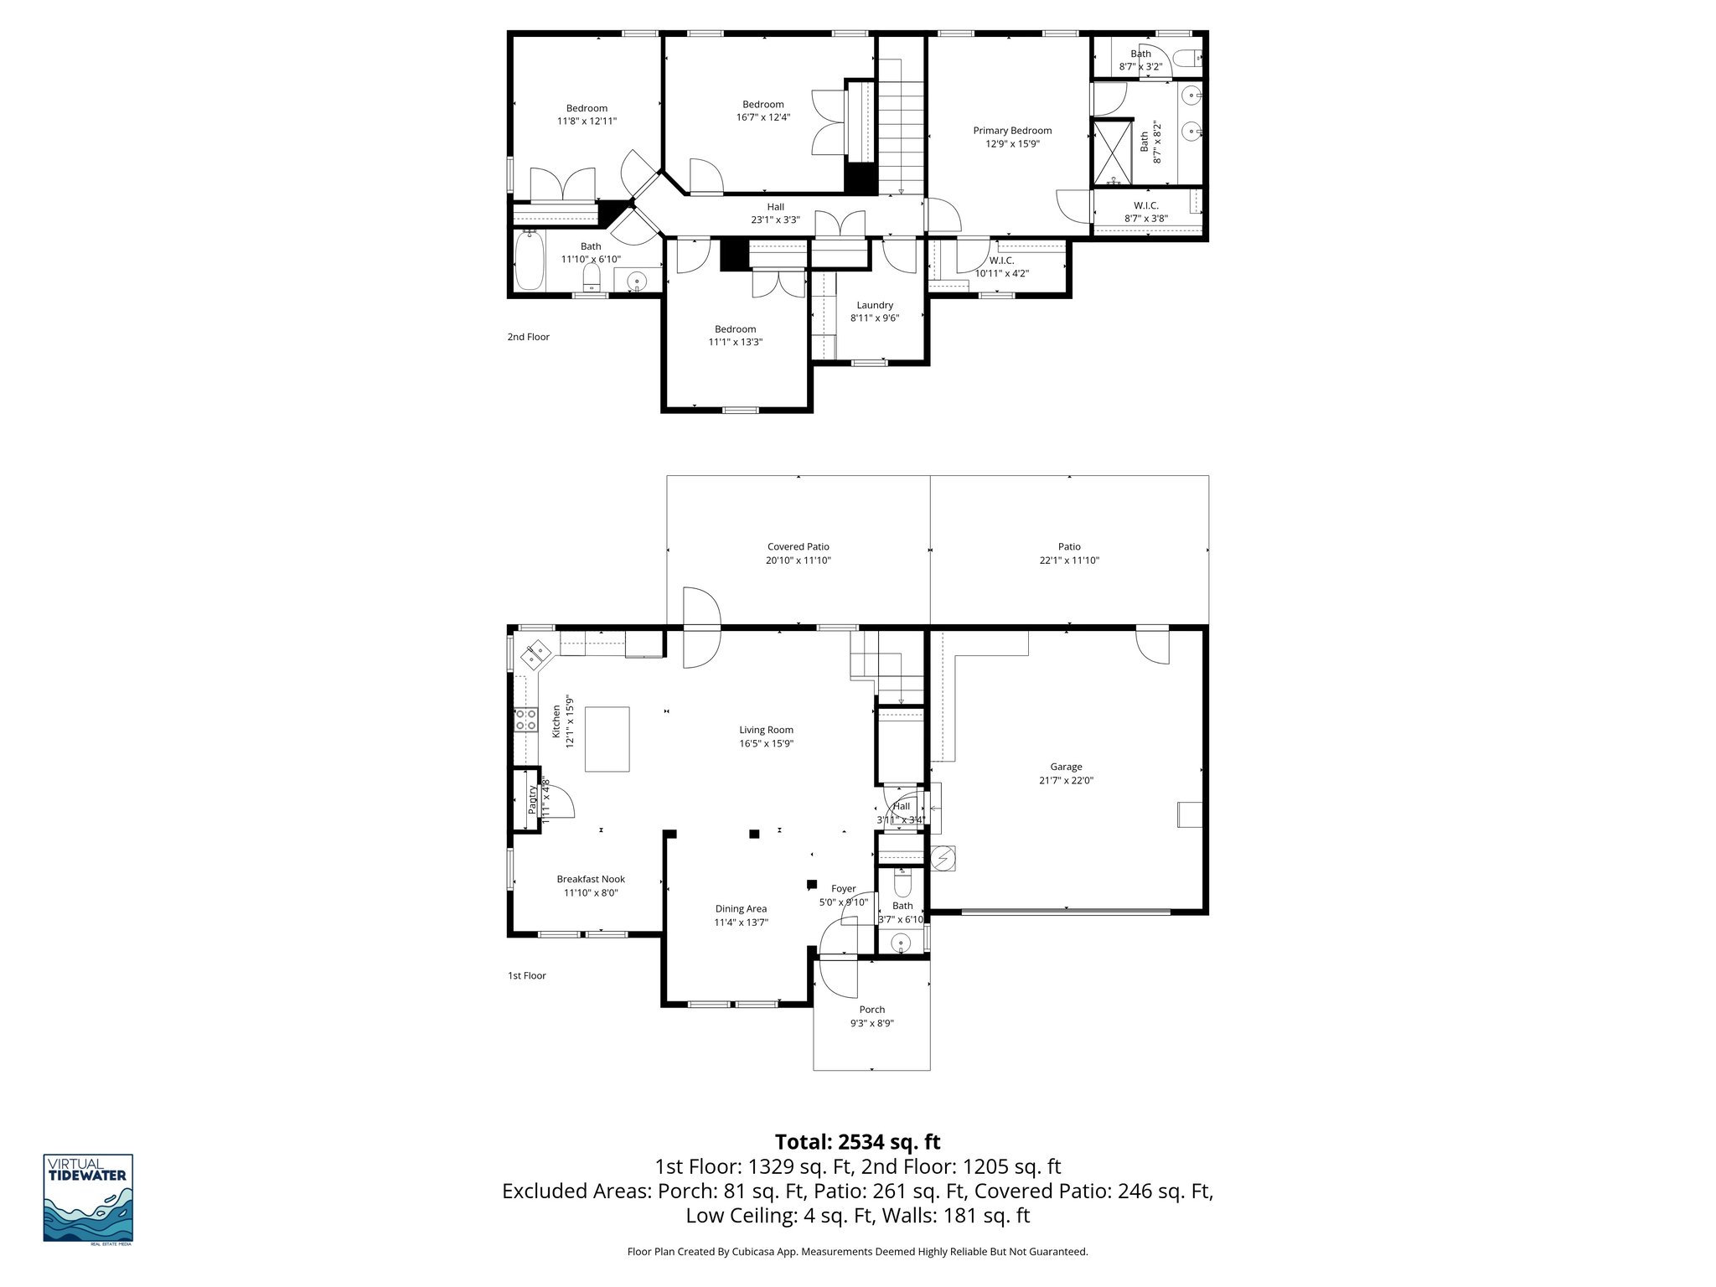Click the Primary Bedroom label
1012,131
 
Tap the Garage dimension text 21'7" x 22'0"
1066,780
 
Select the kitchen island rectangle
607,739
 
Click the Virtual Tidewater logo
88,1199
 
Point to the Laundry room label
875,305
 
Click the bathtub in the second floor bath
530,261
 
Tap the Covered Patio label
798,547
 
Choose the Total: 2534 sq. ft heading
857,1142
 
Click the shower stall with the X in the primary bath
1111,152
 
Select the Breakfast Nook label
591,879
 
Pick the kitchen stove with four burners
525,719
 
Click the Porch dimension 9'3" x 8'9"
871,1023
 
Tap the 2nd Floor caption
528,337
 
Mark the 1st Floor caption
526,975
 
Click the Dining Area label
741,908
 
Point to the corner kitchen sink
535,654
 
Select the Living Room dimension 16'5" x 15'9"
766,743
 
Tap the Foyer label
843,889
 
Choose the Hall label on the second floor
775,207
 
